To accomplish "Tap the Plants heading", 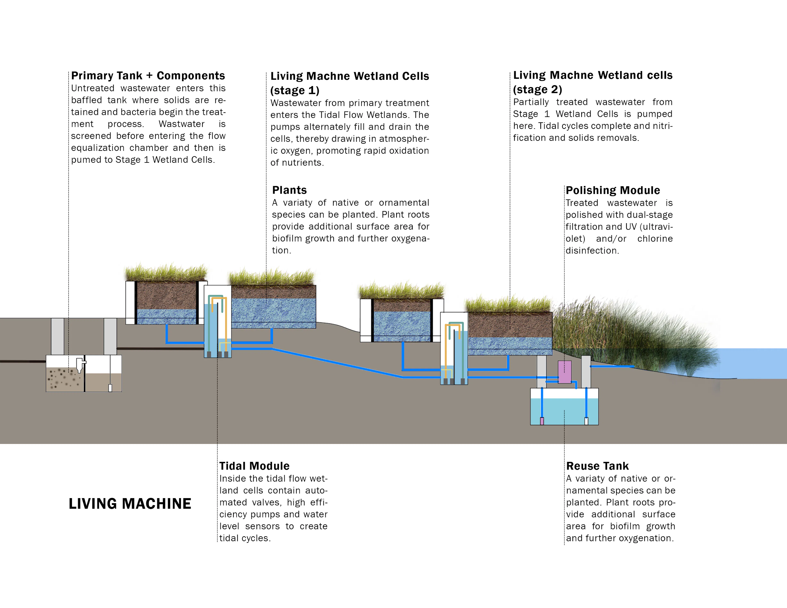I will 289,190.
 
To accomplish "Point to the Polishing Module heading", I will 613,190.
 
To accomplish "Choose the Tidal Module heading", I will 254,466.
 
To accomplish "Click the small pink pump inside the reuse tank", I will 542,420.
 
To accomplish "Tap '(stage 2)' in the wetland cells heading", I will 537,89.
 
